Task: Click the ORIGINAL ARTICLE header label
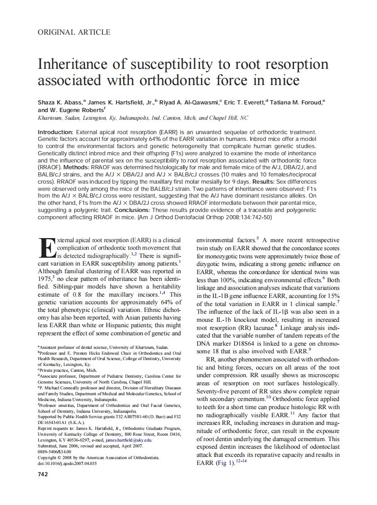coord(74,32)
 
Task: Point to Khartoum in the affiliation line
coord(51,118)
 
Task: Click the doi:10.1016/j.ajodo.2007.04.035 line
coord(67,463)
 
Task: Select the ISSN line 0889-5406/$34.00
coord(54,452)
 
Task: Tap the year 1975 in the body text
coord(45,280)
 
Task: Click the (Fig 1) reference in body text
coord(218,463)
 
